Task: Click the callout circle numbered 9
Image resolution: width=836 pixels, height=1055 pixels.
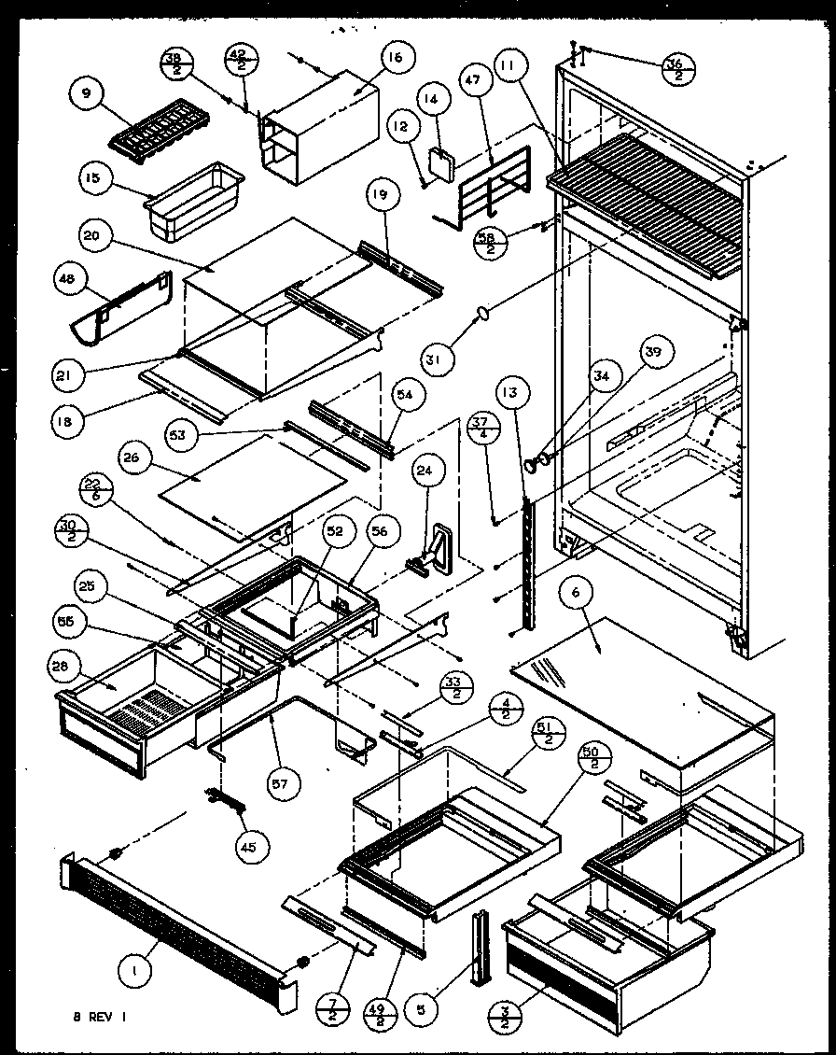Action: click(86, 93)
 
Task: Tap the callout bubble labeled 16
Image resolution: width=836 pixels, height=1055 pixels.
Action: click(395, 58)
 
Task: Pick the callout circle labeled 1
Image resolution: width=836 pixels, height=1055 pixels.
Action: click(136, 972)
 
